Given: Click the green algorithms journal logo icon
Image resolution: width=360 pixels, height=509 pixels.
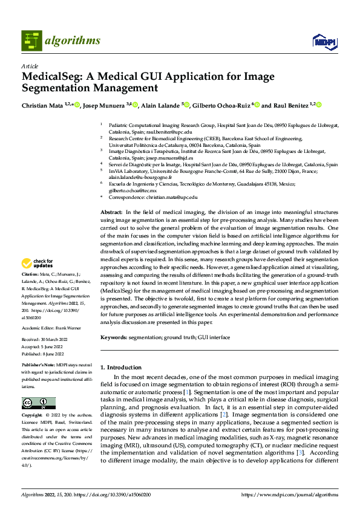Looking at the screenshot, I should (33, 41).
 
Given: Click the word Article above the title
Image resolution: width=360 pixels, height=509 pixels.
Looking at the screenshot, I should (30, 66).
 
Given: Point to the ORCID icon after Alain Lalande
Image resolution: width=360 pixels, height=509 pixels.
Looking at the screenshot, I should (187, 105).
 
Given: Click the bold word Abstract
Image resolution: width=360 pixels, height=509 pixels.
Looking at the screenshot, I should (111, 213).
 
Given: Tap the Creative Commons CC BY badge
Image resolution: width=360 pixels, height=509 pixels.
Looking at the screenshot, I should (39, 403).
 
